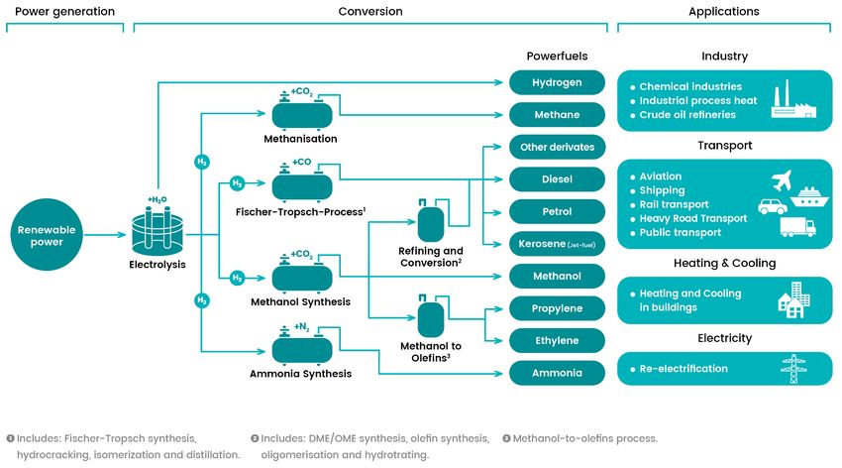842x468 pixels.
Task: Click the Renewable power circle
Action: tap(47, 235)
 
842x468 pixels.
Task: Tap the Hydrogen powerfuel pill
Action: tap(557, 82)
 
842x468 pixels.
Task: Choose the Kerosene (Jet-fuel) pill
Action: tap(557, 244)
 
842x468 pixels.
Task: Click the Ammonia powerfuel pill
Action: tap(557, 373)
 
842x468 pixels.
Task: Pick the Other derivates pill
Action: tap(557, 147)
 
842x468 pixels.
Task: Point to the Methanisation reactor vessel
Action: tap(302, 113)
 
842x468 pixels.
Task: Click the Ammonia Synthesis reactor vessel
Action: tap(302, 349)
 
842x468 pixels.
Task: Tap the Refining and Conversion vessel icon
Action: tap(431, 222)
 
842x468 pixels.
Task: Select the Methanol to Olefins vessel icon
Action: tap(431, 318)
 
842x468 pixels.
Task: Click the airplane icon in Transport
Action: tap(782, 180)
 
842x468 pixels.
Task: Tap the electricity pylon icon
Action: tap(793, 369)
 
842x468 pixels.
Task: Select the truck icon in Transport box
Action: tap(798, 227)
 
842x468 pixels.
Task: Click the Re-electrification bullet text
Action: tap(684, 369)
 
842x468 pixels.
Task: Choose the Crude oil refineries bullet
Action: tap(687, 114)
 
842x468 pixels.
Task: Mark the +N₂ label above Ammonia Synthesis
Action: tap(302, 326)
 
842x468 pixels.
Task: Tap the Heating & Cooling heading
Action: tap(724, 263)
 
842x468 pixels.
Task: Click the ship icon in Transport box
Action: tap(809, 197)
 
